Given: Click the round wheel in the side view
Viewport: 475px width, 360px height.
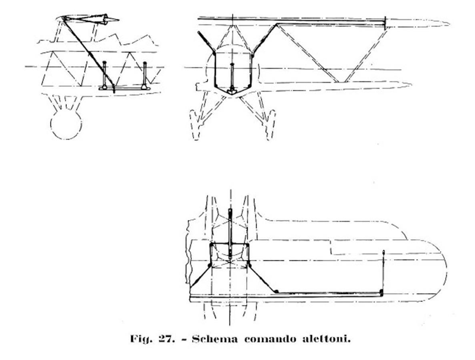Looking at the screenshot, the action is tap(66, 124).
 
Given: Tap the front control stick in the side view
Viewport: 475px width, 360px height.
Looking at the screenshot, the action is tap(104, 75).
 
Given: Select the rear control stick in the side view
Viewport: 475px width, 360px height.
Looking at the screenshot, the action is tap(144, 75).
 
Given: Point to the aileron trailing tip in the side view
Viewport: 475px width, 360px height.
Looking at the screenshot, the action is tap(118, 20).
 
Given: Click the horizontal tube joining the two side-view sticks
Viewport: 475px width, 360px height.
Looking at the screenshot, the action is tap(124, 88).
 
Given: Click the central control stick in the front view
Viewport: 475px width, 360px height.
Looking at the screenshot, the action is tap(232, 77).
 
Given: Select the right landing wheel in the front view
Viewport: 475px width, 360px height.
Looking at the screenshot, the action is tap(271, 124).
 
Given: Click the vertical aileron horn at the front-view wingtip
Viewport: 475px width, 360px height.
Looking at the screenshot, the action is tap(385, 23).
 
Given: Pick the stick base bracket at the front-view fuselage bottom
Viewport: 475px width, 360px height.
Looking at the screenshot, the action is tap(232, 92).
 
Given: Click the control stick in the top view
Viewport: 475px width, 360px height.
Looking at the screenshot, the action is tap(230, 233).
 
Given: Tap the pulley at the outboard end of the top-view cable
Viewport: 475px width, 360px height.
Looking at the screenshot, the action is tap(381, 292).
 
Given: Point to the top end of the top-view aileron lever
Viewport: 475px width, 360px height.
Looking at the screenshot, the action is tap(384, 251).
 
